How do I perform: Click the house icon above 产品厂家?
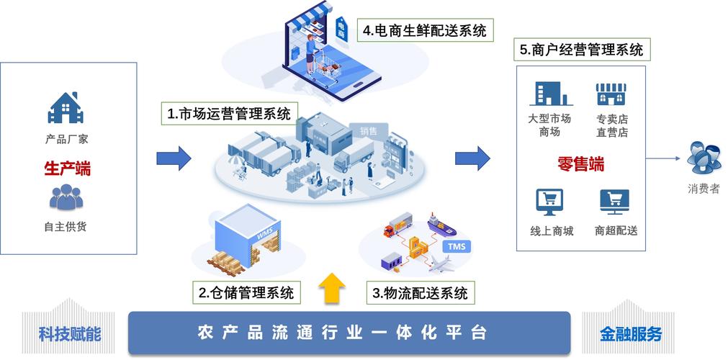[x=66, y=107]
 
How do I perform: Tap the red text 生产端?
[x=67, y=168]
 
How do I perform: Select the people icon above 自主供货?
[x=66, y=197]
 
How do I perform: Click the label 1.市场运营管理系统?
[x=229, y=113]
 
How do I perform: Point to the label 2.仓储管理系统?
[x=246, y=292]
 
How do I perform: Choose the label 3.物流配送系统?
[x=421, y=292]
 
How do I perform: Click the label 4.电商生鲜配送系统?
[x=425, y=31]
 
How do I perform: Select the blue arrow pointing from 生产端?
[x=174, y=158]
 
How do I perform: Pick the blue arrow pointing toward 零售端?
[x=472, y=158]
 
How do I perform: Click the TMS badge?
[x=458, y=246]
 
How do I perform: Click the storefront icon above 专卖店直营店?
[x=611, y=94]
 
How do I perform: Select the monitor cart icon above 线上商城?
[x=549, y=202]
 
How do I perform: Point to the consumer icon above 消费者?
[x=704, y=158]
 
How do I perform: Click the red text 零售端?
[x=581, y=164]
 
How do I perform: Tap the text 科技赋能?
[x=69, y=334]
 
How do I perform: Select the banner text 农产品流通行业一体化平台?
[x=342, y=333]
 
